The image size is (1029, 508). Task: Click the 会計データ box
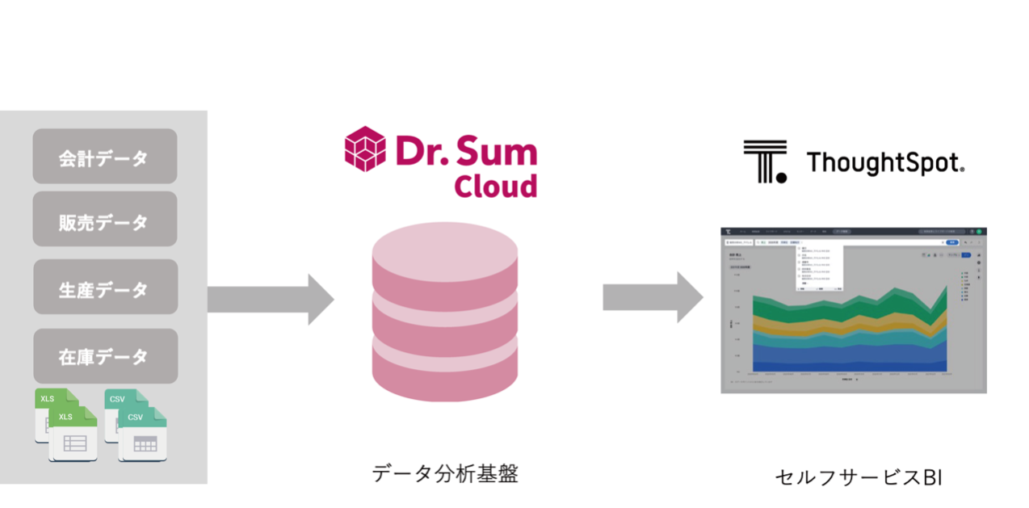[104, 157]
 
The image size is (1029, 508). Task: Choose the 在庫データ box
[104, 355]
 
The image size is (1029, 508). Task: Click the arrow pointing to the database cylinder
[271, 299]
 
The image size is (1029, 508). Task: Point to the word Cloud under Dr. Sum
[495, 185]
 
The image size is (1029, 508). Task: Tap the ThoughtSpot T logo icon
[764, 161]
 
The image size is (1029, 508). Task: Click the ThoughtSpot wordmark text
[885, 162]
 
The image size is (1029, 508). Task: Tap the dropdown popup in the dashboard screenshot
[819, 267]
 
